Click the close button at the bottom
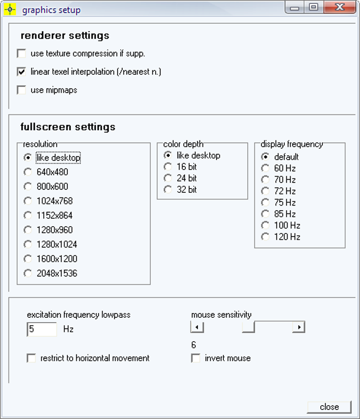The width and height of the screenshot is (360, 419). [329, 407]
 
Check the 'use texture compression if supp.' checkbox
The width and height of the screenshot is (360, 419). [22, 54]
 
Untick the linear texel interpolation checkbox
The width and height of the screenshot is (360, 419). [22, 72]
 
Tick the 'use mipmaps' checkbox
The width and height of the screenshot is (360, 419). [22, 90]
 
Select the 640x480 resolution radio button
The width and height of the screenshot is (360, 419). [28, 172]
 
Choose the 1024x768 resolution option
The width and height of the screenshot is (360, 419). [28, 201]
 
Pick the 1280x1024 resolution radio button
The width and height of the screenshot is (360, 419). [28, 244]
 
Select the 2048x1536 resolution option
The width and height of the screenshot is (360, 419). [28, 273]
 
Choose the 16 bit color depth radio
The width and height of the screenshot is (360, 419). [168, 167]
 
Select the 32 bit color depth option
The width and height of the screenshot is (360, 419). [168, 190]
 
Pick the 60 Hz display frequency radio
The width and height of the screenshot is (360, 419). [265, 168]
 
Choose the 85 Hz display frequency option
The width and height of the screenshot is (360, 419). [265, 214]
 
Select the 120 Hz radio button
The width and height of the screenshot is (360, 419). [265, 237]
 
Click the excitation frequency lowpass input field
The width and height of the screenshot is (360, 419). [42, 329]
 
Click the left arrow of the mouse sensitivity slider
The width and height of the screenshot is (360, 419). [197, 327]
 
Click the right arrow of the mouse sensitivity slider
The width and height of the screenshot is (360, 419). [299, 327]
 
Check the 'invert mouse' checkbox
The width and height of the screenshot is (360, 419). [196, 359]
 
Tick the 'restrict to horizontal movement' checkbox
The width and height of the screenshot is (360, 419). [31, 359]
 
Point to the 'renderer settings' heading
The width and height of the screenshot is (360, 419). [65, 36]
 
